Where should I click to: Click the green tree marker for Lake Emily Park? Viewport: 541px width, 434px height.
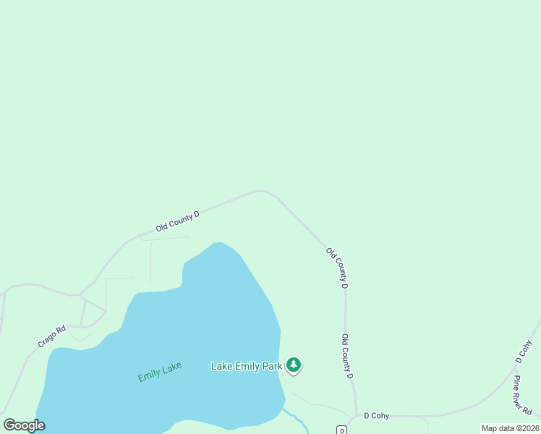pyautogui.click(x=294, y=365)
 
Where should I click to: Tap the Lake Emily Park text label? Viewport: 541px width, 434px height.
pyautogui.click(x=246, y=366)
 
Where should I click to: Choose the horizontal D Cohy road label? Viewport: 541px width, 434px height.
pyautogui.click(x=376, y=416)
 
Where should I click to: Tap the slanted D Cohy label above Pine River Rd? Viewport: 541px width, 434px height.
pyautogui.click(x=524, y=351)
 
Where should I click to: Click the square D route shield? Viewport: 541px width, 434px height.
pyautogui.click(x=343, y=430)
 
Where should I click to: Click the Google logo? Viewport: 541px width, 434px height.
pyautogui.click(x=24, y=425)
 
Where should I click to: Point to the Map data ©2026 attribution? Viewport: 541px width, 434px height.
pyautogui.click(x=509, y=428)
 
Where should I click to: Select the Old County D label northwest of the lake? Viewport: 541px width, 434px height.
pyautogui.click(x=177, y=221)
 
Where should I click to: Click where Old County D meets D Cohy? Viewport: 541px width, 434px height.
pyautogui.click(x=356, y=415)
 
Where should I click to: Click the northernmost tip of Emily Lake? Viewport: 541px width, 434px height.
pyautogui.click(x=218, y=243)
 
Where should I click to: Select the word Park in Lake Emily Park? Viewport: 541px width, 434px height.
pyautogui.click(x=272, y=366)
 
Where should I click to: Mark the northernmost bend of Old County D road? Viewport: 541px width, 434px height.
pyautogui.click(x=260, y=190)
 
